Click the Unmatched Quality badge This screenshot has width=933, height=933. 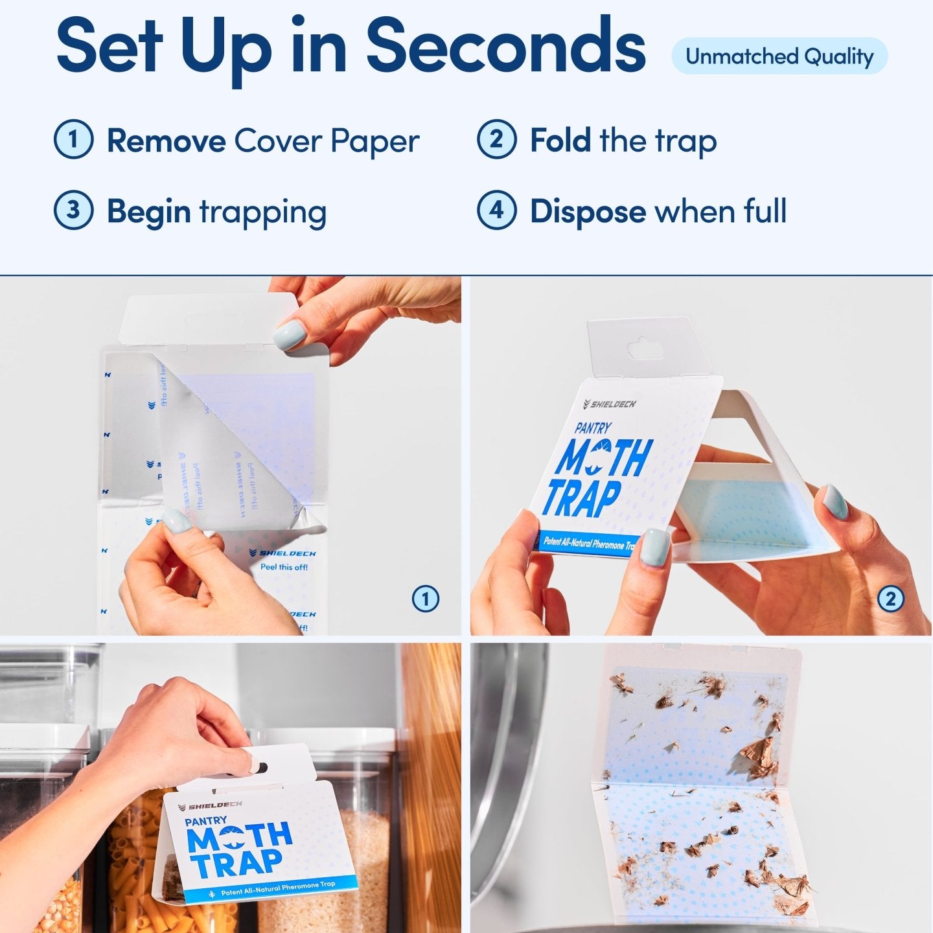[779, 57]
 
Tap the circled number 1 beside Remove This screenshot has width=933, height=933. [73, 139]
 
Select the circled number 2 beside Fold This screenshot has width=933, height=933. [496, 139]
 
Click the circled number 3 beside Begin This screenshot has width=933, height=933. [73, 210]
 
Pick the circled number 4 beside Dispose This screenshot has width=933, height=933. [496, 210]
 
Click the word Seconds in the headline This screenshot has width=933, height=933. [506, 47]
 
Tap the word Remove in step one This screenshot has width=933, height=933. [166, 141]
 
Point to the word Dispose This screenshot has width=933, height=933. [588, 211]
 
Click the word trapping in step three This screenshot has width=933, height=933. [262, 213]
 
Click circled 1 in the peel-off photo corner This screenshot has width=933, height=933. [426, 599]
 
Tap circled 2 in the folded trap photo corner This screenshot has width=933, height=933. [890, 599]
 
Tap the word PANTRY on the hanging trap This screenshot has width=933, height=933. [206, 821]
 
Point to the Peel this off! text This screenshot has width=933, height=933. [284, 567]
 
